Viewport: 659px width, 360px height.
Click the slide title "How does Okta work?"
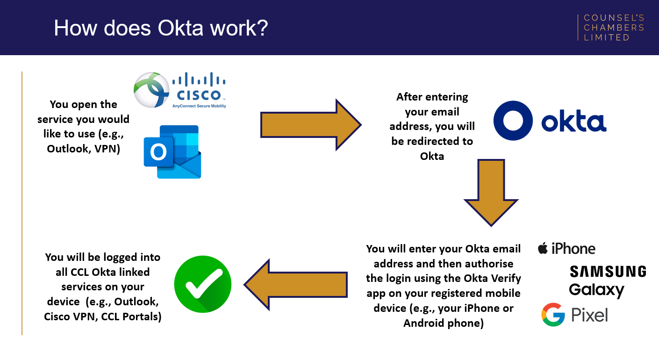tap(160, 28)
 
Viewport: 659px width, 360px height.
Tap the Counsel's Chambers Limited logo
tap(613, 28)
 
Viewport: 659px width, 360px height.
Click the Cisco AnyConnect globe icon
tap(151, 90)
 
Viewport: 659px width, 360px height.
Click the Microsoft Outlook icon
tap(172, 151)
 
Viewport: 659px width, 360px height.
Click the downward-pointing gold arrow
tap(491, 193)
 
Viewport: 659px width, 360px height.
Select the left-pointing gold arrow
tap(296, 285)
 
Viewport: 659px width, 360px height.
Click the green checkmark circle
tap(203, 284)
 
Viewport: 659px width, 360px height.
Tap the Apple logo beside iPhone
tap(543, 248)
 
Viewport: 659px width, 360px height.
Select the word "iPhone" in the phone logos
tap(573, 249)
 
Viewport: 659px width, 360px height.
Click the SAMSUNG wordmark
tap(608, 272)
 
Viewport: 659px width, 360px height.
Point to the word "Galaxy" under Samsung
tap(596, 290)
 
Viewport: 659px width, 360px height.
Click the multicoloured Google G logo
tap(553, 315)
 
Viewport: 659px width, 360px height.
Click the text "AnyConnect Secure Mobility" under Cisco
tap(199, 106)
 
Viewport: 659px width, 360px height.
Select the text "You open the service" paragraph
tap(83, 127)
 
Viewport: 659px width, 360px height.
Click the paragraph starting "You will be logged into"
tap(102, 287)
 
